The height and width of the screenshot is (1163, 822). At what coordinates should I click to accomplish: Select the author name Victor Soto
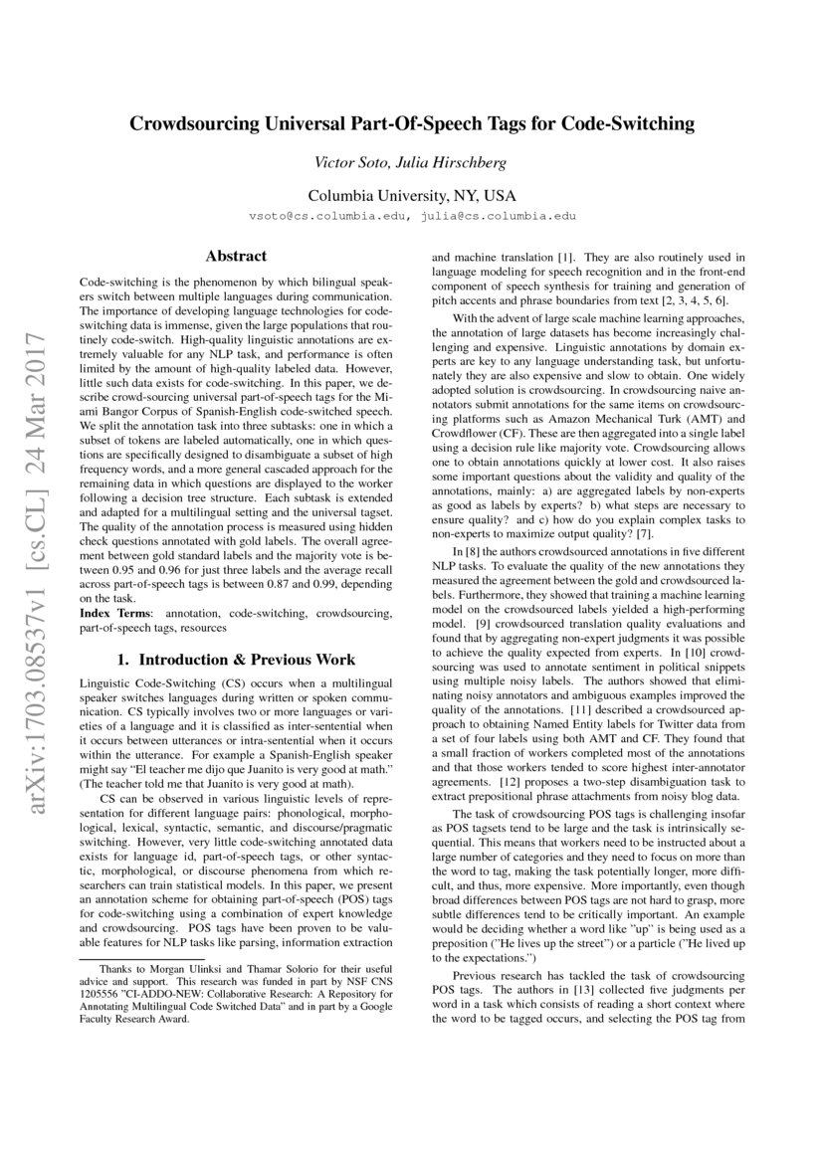[349, 162]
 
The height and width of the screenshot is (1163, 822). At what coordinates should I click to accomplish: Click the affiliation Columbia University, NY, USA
[411, 196]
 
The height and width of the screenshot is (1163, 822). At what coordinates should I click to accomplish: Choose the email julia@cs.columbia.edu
[495, 215]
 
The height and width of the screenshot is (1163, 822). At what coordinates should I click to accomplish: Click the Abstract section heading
[236, 257]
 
